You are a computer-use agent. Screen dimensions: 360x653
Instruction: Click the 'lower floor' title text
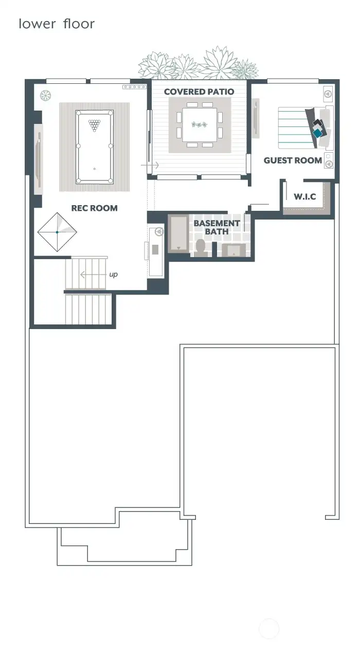tap(57, 24)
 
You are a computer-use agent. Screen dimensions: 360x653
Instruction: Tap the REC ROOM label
tap(95, 208)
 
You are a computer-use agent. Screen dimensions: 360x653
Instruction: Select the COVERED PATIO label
tap(199, 92)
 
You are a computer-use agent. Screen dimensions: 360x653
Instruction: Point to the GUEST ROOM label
tap(293, 160)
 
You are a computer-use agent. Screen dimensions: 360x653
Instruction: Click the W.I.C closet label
tap(305, 196)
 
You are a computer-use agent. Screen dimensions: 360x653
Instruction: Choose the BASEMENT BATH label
tap(217, 227)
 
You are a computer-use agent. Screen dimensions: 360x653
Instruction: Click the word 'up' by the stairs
tap(113, 275)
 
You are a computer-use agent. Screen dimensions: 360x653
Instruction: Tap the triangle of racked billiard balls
tap(95, 125)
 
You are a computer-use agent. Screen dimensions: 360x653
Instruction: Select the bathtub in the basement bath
tap(178, 233)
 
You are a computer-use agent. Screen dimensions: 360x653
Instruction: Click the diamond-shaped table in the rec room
tap(57, 232)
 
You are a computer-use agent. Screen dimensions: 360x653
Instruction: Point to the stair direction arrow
tap(93, 275)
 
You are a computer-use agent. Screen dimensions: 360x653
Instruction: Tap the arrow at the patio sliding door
tap(150, 165)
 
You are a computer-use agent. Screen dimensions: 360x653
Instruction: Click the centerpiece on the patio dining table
tap(200, 125)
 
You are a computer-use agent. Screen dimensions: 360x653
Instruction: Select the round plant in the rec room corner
tap(45, 95)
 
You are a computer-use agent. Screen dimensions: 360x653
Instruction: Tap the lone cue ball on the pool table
tap(95, 169)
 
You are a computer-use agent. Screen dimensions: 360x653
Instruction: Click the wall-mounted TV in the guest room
tap(256, 118)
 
